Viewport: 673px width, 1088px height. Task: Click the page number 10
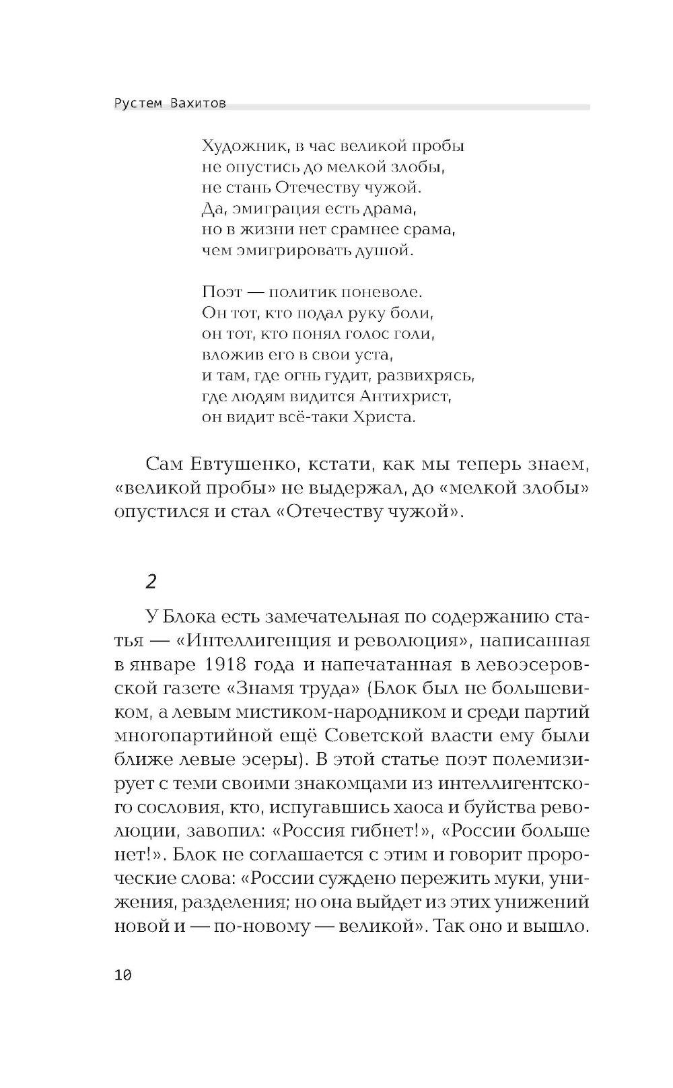[123, 976]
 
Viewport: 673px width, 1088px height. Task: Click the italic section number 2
[151, 581]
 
